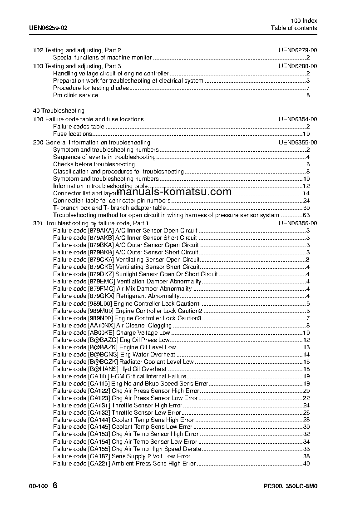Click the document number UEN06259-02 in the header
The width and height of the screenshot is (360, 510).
point(48,28)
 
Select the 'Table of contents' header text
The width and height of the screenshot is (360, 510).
point(294,28)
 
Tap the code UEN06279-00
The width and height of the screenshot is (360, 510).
point(298,50)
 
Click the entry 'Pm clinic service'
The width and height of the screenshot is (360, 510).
point(75,95)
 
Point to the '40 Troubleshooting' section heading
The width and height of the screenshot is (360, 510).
point(59,111)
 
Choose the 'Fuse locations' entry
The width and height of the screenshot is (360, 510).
point(72,134)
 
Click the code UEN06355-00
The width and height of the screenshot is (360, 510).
point(298,143)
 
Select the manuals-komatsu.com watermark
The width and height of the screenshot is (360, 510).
point(177,192)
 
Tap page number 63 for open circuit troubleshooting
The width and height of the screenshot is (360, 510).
point(306,215)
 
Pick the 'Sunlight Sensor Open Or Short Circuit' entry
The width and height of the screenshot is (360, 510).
point(167,274)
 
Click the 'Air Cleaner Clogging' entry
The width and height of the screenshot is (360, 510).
point(144,325)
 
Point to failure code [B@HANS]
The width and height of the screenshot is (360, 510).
point(103,369)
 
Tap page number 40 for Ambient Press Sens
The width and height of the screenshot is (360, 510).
point(306,464)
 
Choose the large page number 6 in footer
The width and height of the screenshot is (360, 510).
point(55,485)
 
